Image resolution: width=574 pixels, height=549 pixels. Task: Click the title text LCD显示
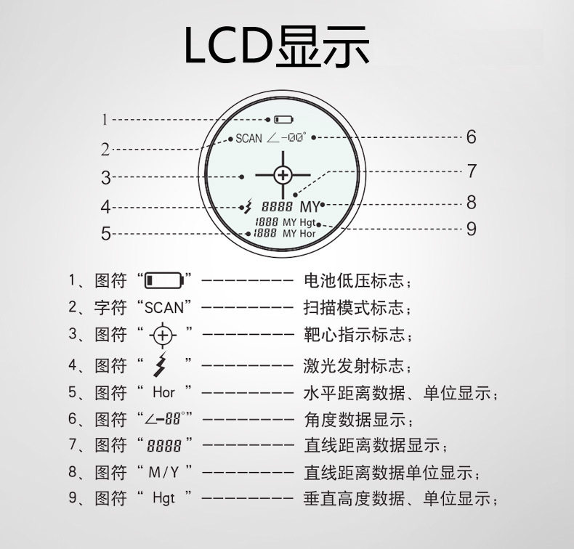coord(276,46)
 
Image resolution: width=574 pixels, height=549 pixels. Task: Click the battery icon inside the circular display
coord(284,120)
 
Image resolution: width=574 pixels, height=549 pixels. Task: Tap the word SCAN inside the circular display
coord(249,138)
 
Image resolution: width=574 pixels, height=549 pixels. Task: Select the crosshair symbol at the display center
coord(283,175)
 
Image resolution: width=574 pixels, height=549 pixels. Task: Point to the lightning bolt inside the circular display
coord(248,206)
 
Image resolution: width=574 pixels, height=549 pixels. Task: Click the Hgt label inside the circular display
coord(307,222)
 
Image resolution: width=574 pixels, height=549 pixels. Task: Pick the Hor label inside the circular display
coord(307,233)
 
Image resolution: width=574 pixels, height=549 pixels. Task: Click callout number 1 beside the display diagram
coord(105,120)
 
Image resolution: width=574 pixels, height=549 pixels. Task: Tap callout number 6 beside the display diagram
coord(471,137)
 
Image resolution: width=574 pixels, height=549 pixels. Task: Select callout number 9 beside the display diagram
coord(471,229)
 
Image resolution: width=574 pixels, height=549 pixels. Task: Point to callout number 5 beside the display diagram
coord(106,233)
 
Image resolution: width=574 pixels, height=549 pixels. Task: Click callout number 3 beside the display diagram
coord(106,177)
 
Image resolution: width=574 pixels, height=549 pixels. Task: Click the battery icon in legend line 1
coord(163,280)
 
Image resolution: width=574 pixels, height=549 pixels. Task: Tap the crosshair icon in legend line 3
coord(163,335)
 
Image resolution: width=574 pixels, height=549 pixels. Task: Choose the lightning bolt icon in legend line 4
coord(161,365)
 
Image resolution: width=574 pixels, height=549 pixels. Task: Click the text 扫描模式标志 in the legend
coord(353,307)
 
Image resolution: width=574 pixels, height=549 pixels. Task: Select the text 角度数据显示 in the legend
coord(355,419)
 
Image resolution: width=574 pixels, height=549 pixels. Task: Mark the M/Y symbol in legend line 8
coord(163,472)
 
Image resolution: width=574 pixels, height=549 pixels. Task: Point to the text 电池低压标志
coord(354,280)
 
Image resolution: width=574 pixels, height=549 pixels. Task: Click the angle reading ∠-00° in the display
coord(286,138)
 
